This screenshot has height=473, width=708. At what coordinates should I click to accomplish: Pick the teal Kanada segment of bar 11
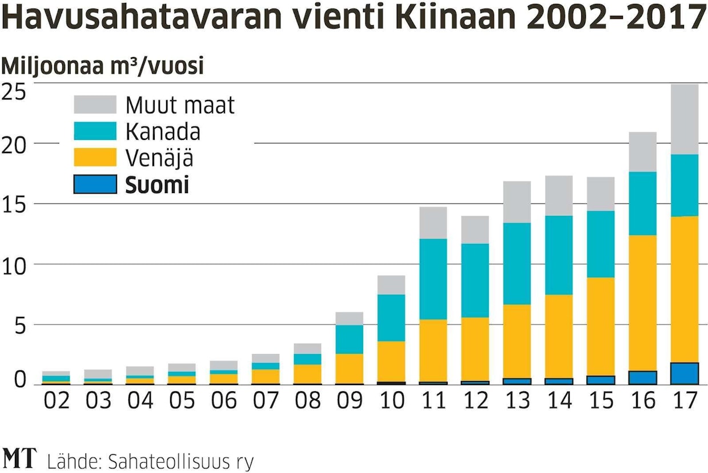433,279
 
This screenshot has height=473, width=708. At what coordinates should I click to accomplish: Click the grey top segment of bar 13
517,202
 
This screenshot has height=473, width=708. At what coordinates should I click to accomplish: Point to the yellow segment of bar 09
349,368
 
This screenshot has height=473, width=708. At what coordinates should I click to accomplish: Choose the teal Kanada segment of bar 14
559,255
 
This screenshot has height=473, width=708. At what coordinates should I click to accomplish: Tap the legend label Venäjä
159,158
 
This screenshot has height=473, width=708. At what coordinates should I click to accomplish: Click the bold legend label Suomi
157,185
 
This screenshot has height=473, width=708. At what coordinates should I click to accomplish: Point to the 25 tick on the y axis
14,91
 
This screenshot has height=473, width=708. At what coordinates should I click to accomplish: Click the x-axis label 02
56,400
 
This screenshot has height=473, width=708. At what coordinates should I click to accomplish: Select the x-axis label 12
475,400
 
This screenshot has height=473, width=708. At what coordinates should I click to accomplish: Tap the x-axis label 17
685,400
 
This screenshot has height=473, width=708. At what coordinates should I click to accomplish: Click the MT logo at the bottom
19,458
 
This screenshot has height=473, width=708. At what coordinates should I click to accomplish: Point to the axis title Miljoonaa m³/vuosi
103,66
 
